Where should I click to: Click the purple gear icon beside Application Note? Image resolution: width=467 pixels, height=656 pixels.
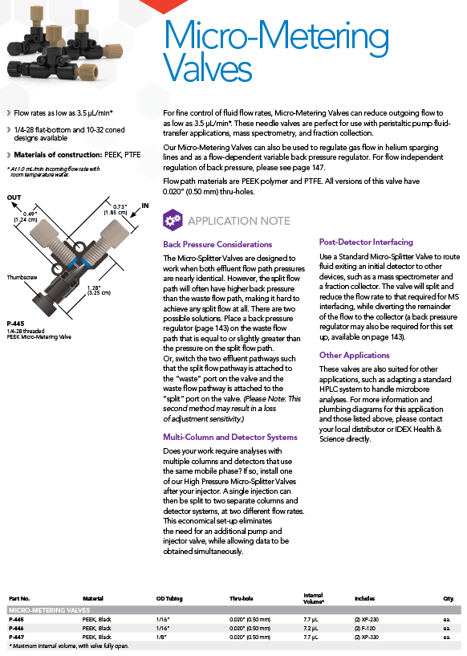[173, 220]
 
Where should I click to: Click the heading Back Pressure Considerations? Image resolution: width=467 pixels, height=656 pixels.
[217, 244]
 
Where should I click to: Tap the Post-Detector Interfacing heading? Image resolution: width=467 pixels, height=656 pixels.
[366, 242]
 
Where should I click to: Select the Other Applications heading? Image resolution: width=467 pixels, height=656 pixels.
[354, 355]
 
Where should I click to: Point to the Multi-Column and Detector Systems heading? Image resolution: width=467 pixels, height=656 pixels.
[230, 437]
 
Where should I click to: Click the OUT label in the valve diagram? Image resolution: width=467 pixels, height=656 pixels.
[14, 198]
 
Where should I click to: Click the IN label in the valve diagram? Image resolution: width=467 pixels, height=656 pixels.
[145, 206]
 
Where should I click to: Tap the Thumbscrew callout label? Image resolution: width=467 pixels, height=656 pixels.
[22, 277]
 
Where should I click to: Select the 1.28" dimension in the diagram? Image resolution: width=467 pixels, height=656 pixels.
[94, 287]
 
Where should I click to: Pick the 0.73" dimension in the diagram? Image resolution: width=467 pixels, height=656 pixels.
[120, 206]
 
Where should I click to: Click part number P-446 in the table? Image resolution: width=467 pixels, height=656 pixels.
[16, 629]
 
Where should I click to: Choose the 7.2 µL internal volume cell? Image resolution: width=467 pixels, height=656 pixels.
[311, 629]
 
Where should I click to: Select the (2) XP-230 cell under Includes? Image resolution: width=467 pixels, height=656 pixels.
[367, 620]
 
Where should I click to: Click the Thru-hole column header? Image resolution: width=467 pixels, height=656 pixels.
[242, 599]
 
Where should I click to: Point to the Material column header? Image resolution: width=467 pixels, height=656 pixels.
[93, 599]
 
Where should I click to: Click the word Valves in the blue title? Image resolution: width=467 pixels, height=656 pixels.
[207, 67]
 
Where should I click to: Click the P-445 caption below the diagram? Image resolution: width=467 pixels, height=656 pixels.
[15, 324]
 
